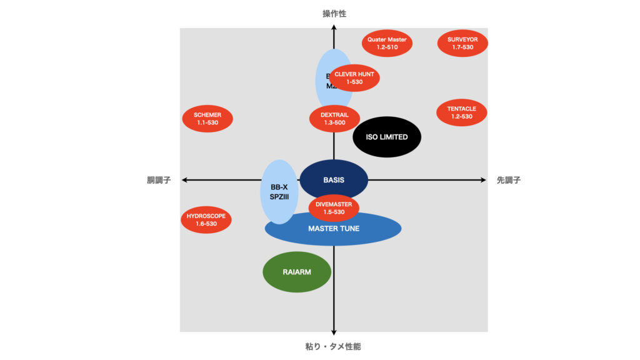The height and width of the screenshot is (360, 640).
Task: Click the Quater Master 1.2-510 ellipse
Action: [387, 43]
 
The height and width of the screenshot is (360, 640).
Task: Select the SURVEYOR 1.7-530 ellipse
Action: [462, 43]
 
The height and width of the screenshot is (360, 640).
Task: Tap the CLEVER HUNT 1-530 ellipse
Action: [354, 78]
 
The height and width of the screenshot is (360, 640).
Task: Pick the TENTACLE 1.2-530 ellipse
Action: [461, 112]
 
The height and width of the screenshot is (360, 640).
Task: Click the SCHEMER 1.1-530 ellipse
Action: [207, 119]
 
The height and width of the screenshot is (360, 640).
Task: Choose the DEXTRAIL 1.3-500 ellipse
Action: [334, 119]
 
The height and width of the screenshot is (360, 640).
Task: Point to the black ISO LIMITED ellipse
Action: [387, 137]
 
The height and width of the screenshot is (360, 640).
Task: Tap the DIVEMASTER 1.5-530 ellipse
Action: [334, 207]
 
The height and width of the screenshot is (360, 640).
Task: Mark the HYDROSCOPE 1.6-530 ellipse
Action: [206, 219]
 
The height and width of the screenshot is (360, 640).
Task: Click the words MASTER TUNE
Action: [334, 229]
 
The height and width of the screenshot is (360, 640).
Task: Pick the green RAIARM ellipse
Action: [296, 272]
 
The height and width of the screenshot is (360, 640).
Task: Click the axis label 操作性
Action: [334, 13]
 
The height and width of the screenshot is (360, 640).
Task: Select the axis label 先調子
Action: [509, 180]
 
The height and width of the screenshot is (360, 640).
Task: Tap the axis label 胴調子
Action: [159, 180]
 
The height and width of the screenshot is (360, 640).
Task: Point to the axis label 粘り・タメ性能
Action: [334, 346]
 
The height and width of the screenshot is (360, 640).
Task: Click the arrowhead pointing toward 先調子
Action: [483, 180]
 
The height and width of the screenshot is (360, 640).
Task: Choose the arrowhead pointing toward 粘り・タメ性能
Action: [334, 332]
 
